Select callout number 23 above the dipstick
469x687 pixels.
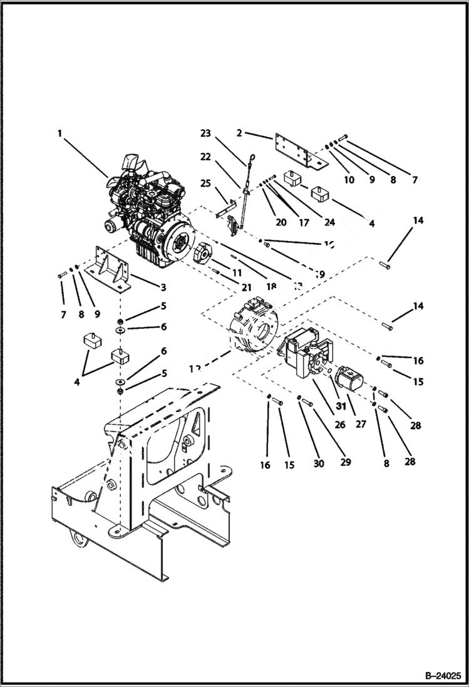(206, 133)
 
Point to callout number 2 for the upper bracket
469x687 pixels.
(240, 133)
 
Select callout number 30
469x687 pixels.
(319, 463)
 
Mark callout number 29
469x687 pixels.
(344, 462)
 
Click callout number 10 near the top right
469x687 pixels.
(349, 180)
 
